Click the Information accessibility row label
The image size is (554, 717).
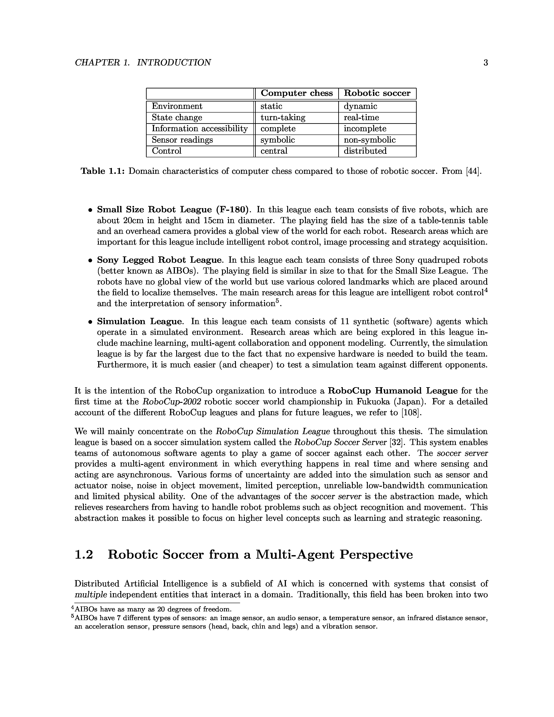coord(199,129)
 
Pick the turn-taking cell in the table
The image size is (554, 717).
coord(283,118)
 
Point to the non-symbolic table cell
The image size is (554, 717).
coord(370,140)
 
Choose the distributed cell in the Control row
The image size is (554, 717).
coord(365,151)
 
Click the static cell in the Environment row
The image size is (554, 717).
coord(271,106)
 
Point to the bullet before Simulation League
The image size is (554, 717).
coord(89,322)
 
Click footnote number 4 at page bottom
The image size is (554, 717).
coord(73,608)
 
